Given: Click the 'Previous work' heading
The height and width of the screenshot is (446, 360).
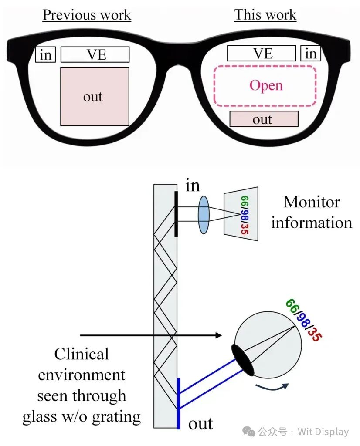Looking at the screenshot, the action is tap(87, 15).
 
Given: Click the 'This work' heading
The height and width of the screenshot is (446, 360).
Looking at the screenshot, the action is tap(265, 15).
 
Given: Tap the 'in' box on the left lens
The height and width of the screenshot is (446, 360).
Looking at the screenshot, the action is tap(45, 54).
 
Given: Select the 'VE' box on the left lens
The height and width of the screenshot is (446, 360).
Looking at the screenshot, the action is tap(95, 54).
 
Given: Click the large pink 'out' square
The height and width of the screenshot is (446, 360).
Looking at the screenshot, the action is tap(95, 97).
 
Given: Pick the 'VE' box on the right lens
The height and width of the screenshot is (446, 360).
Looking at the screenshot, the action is tap(262, 53).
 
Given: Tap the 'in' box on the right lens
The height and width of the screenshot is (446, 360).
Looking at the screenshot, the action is tap(311, 53).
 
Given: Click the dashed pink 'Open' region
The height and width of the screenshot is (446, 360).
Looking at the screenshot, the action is tap(265, 86).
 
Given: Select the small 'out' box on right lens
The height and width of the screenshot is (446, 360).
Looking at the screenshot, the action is tap(264, 119).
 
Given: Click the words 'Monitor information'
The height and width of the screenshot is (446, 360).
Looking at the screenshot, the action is tap(312, 212).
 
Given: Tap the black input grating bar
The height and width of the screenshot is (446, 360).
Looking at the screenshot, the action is tap(176, 214).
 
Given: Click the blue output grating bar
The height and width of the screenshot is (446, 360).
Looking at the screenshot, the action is tap(178, 403).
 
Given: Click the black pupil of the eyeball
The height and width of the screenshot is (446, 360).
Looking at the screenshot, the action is tap(243, 360).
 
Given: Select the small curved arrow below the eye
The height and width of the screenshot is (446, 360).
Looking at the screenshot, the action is tap(272, 387).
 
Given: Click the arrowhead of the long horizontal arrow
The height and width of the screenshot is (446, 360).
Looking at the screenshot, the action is tap(218, 335).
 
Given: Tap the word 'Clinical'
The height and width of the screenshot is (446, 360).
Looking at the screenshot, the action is tap(82, 354).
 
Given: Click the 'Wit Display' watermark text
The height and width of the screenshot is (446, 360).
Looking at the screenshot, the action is tap(323, 432).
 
